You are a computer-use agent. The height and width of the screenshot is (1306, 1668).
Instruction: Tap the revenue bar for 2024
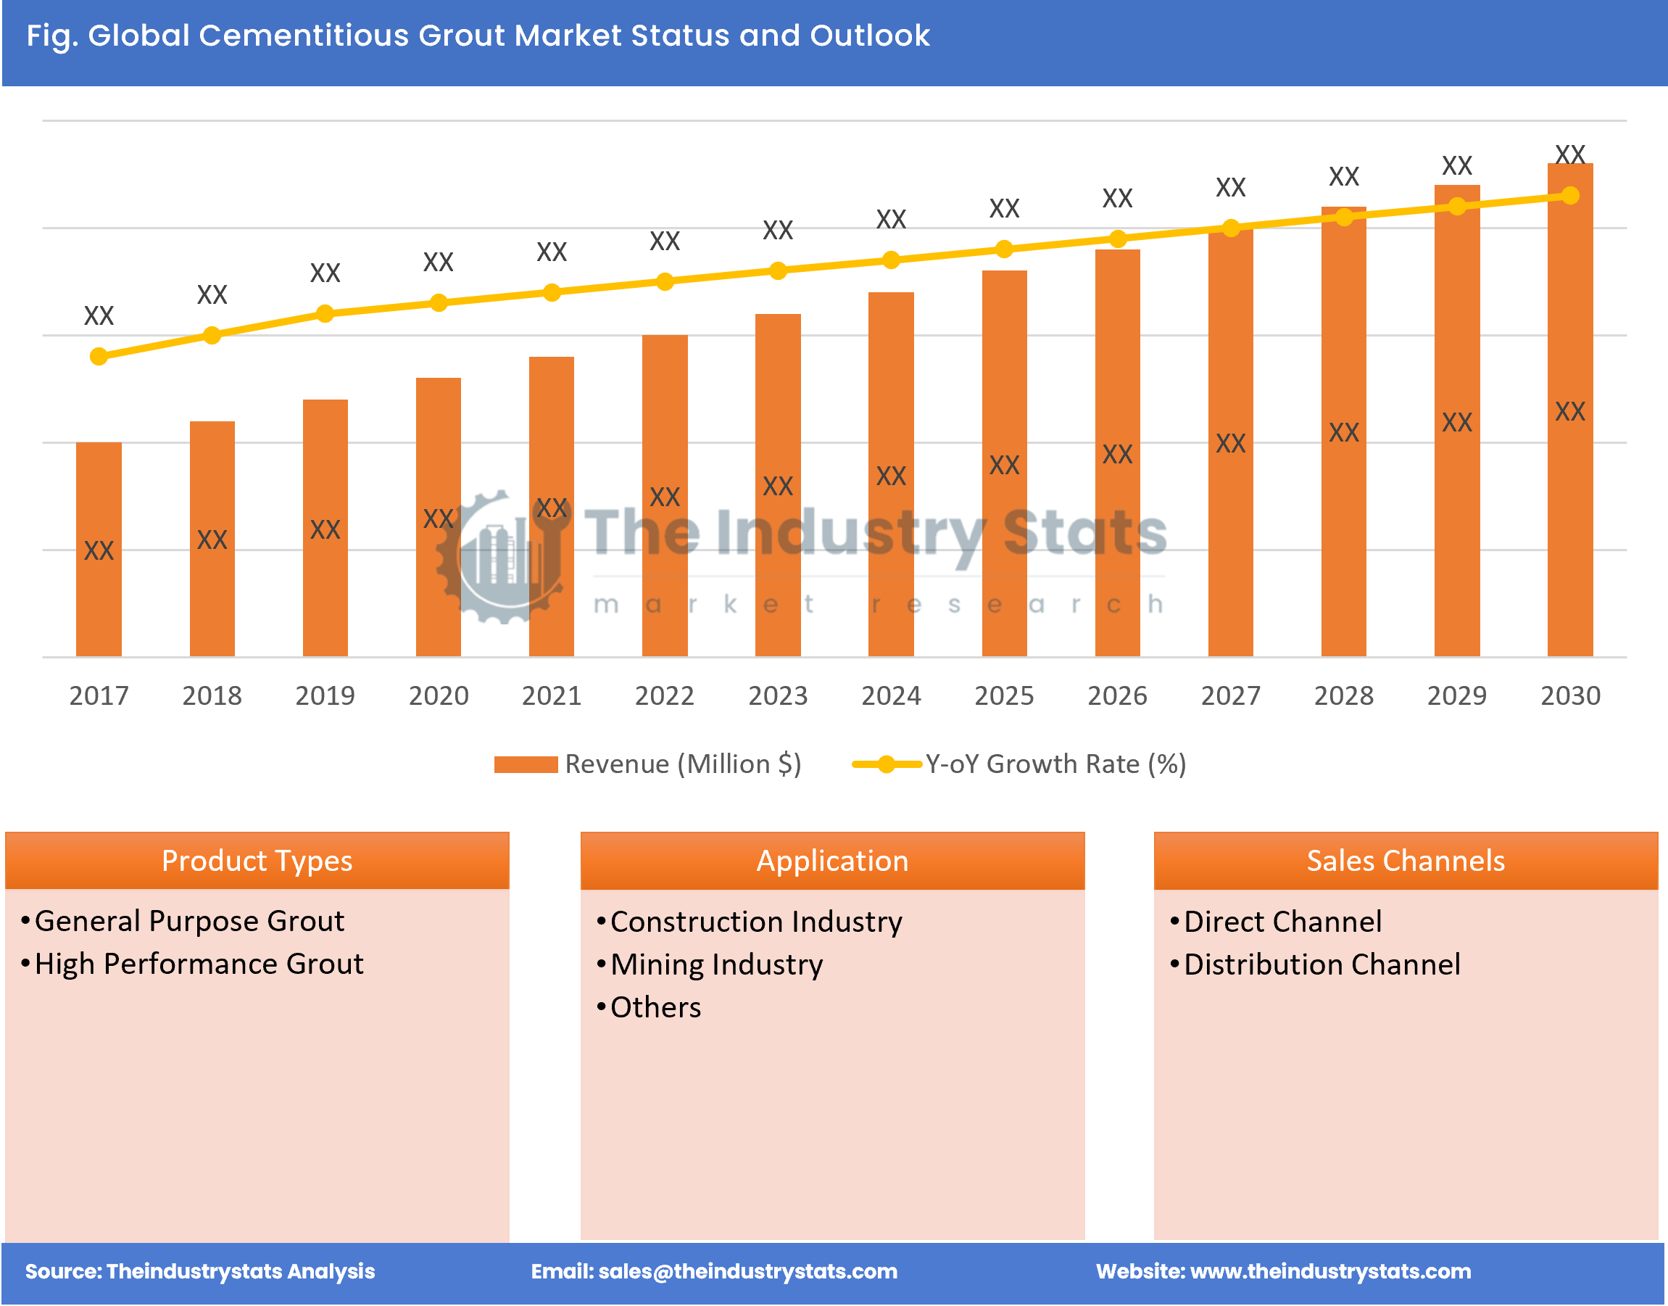coord(891,474)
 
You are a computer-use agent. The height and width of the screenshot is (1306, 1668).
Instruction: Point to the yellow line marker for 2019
coord(325,313)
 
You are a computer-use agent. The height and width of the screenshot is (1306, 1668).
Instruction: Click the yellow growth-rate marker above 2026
coord(1117,239)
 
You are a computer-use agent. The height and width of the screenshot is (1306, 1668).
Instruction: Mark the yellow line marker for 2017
coord(99,356)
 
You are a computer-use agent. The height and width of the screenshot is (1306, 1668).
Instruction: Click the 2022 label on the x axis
coord(664,695)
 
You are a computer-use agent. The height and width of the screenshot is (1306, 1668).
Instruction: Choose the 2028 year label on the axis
coord(1343,695)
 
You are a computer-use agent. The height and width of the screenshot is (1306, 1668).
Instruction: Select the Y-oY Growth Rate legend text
coord(1055,764)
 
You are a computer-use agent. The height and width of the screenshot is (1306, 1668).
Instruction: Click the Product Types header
coord(257,861)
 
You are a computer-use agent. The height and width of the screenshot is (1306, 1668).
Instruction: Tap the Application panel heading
coord(831,861)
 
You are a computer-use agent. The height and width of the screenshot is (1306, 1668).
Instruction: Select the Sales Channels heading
coord(1405,861)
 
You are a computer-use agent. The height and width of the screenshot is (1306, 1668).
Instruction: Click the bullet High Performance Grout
coord(199,964)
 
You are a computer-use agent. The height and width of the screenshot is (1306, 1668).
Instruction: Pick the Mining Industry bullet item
coord(716,965)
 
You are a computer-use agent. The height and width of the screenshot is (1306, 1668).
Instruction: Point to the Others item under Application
coord(655,1008)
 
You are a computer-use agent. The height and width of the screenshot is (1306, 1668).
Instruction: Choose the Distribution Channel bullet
coord(1321,965)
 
